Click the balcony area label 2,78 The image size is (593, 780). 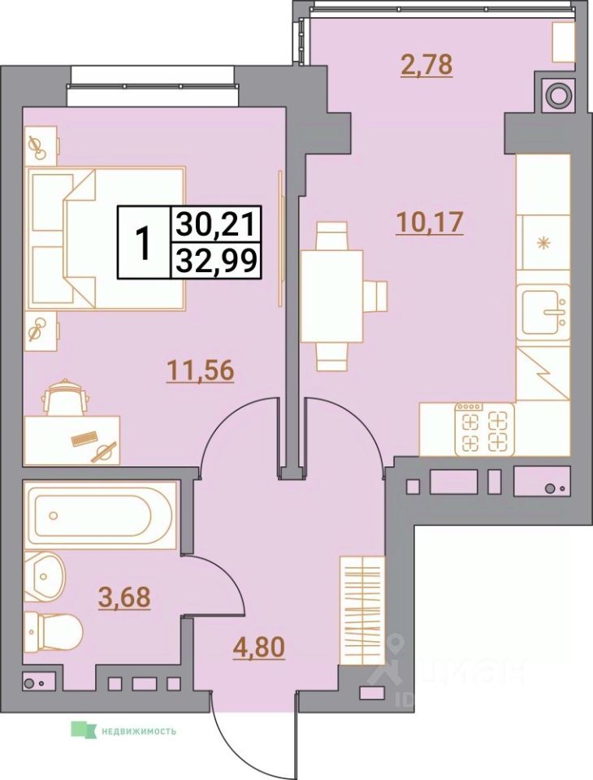[x=426, y=63]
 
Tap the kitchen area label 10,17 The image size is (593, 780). [x=429, y=221]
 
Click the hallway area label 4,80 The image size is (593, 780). [x=258, y=649]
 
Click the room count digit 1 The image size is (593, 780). [x=143, y=242]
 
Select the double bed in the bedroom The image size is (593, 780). [x=106, y=238]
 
